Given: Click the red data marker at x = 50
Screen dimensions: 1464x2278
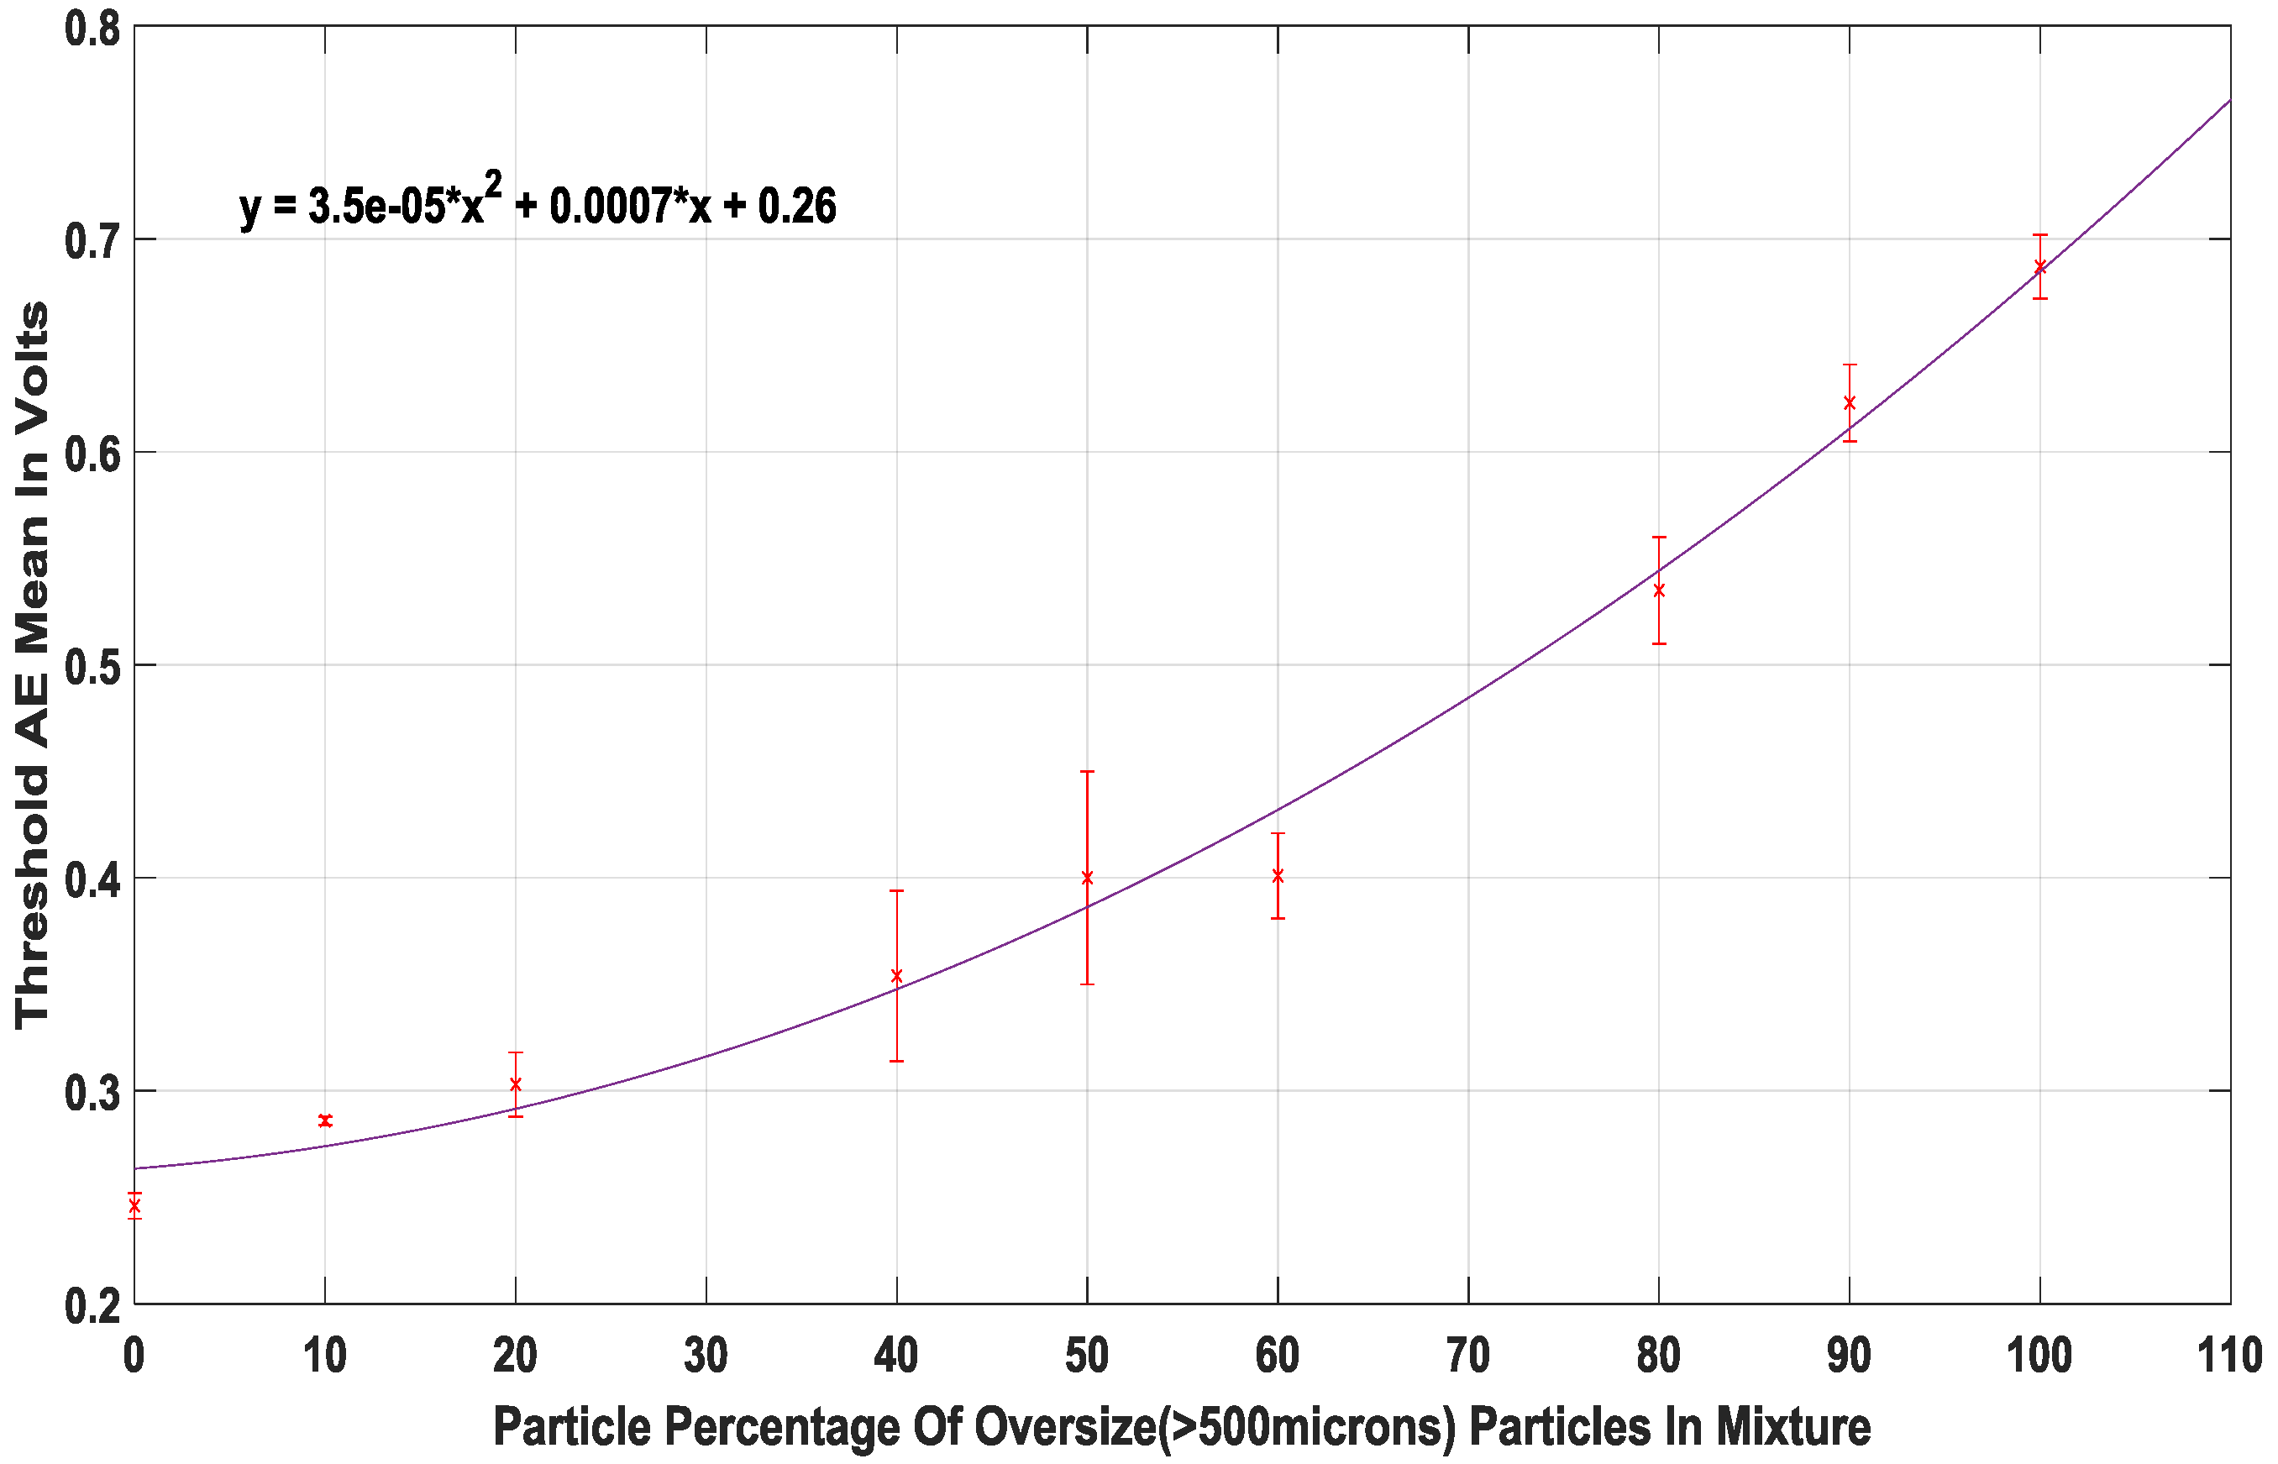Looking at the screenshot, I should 1087,878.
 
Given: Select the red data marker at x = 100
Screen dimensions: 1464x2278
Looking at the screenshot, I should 2039,267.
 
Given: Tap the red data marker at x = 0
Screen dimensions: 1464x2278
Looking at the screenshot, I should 134,1205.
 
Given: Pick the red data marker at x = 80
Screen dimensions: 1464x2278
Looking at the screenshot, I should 1659,590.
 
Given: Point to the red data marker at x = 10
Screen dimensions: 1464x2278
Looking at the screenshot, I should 325,1120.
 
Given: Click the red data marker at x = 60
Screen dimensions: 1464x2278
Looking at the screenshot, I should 1278,875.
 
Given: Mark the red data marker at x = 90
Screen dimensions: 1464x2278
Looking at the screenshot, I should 1850,403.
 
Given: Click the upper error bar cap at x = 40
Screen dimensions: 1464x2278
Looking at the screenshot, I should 896,891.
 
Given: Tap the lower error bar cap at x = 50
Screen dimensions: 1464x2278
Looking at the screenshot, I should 1087,984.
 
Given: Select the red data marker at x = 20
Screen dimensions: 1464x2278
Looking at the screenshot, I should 515,1084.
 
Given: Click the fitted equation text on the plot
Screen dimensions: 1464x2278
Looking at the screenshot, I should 538,202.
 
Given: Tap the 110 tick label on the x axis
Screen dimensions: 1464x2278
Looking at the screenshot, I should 2228,1356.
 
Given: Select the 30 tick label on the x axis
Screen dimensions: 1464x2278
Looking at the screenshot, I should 706,1356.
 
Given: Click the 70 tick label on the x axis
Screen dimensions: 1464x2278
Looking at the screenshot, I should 1468,1356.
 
